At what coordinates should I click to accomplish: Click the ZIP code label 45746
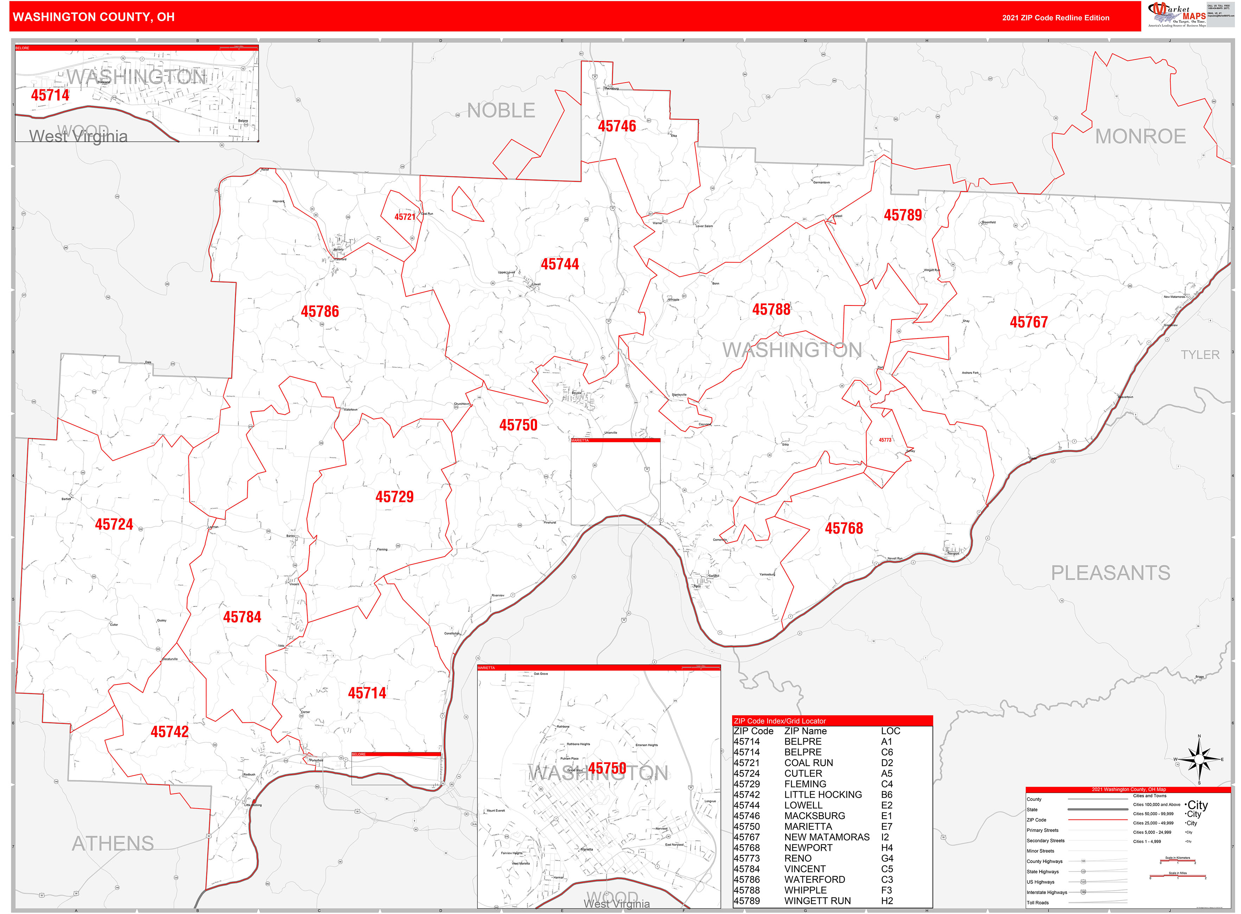click(x=616, y=126)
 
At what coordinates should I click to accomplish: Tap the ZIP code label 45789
click(x=902, y=215)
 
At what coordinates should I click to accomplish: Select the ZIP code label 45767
click(x=1029, y=322)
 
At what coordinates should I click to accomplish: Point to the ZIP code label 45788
click(x=771, y=309)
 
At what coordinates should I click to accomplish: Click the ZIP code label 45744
click(x=559, y=264)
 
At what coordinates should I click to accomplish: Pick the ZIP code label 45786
click(x=319, y=311)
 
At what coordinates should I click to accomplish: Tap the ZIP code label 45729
click(x=394, y=497)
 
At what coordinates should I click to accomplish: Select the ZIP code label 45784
click(x=242, y=617)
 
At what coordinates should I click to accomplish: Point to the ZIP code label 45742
click(x=169, y=732)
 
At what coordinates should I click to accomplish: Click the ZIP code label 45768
click(x=844, y=528)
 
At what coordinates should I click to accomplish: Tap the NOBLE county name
click(x=501, y=111)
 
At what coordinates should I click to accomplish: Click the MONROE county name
click(x=1140, y=136)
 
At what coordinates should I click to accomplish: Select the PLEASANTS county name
click(x=1111, y=573)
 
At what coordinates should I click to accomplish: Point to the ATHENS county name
click(x=113, y=844)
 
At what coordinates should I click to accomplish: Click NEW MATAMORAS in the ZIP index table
click(x=826, y=837)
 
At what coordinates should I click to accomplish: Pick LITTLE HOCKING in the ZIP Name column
click(x=823, y=794)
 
